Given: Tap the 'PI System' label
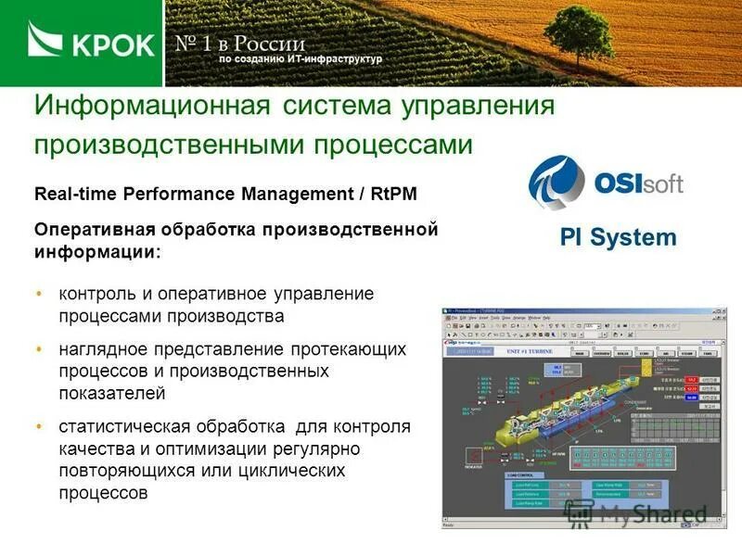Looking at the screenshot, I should (x=618, y=237).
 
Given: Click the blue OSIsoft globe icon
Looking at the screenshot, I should (x=556, y=182).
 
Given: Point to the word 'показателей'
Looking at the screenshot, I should (x=112, y=393).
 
